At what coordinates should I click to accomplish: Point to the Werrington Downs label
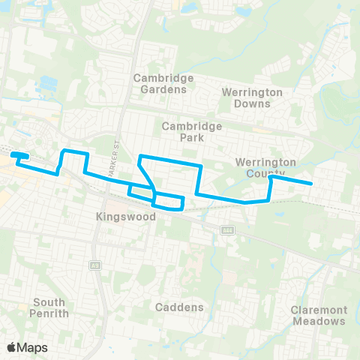click(x=252, y=97)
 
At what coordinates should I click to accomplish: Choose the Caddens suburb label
click(x=179, y=307)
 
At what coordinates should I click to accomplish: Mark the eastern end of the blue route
click(x=311, y=183)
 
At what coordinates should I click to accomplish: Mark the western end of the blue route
click(x=12, y=155)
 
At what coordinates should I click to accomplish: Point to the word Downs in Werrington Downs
click(x=252, y=103)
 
